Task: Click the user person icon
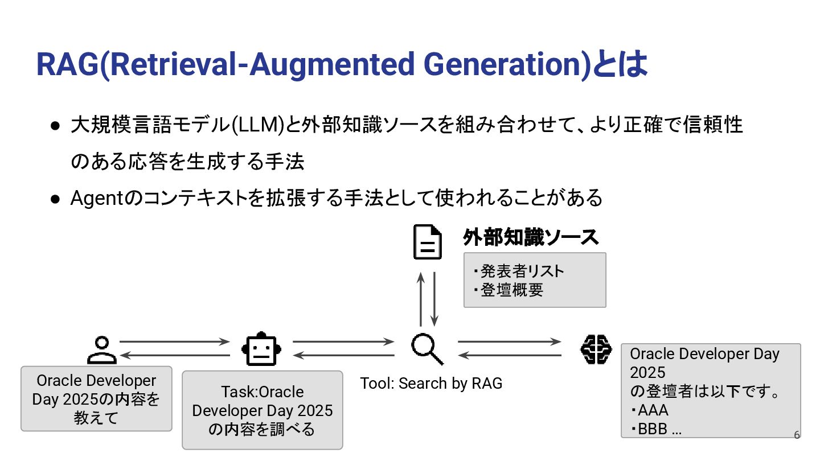coord(102,350)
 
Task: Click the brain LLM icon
coord(596,349)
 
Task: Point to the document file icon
coord(427,243)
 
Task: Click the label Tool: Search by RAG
coord(431,384)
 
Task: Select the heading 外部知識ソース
coord(531,238)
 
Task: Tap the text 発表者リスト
coord(522,271)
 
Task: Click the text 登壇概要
coord(511,290)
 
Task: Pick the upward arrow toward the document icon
coord(421,299)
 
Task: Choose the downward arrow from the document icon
coord(434,299)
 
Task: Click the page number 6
coord(797,435)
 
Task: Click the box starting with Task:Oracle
coord(263,410)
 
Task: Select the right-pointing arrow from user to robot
coord(174,342)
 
